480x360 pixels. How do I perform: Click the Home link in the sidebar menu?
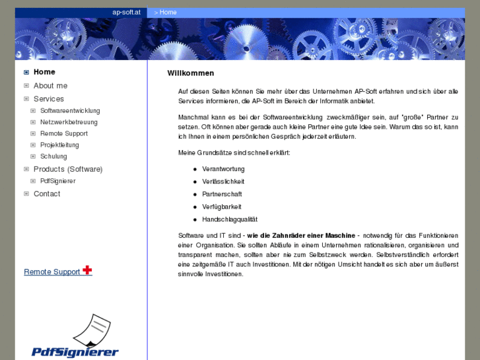pos(44,72)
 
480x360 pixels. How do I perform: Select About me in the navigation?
pos(50,86)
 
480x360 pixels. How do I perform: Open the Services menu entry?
pos(49,99)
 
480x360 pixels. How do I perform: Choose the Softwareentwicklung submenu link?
pos(70,111)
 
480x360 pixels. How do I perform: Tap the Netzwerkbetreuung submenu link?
pos(69,122)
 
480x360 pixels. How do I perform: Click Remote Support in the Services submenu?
pos(63,133)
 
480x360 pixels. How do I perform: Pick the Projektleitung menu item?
pos(59,145)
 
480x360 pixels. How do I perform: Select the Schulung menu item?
pos(53,157)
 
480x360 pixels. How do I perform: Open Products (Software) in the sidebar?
pos(68,169)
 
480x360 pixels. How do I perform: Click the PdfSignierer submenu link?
pos(57,181)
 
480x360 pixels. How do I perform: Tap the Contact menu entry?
pos(47,194)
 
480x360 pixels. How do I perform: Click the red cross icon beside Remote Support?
pos(87,270)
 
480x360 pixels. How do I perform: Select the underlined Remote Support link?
pos(51,272)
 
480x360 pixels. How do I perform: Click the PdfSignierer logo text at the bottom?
pos(75,352)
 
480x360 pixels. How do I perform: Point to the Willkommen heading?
pos(191,73)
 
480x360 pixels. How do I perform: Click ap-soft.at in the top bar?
pos(126,12)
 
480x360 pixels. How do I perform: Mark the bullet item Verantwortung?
pos(223,169)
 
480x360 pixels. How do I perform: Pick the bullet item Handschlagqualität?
pos(230,219)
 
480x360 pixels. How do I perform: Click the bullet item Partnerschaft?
pos(222,194)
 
